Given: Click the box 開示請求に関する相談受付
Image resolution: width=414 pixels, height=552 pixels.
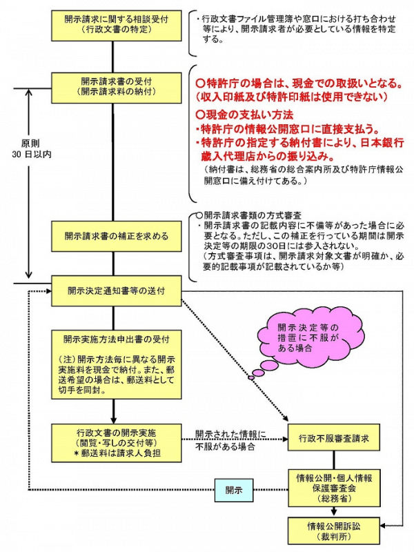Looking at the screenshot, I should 117,26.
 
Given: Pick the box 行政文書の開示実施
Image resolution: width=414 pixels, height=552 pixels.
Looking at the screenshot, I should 117,442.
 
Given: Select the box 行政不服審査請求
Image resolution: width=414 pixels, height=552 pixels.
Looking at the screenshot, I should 334,438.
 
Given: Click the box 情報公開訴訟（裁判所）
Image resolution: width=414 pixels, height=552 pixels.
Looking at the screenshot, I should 334,530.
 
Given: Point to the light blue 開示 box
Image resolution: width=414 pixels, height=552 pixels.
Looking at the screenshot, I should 234,490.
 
